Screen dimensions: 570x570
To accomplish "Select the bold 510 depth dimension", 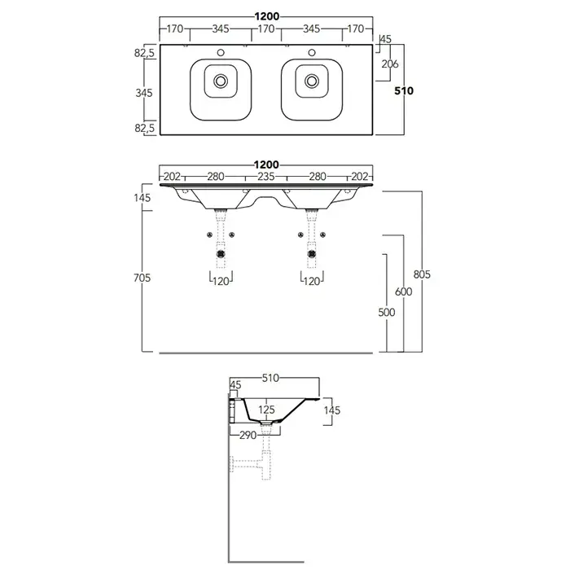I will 404,91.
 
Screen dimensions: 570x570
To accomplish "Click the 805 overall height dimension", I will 422,274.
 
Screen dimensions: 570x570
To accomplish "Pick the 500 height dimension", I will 387,312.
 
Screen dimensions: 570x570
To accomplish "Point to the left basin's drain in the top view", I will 220,81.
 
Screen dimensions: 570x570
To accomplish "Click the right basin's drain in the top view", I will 311,81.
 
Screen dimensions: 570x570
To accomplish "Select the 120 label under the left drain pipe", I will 220,281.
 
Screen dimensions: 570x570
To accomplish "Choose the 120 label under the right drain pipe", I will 311,281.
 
